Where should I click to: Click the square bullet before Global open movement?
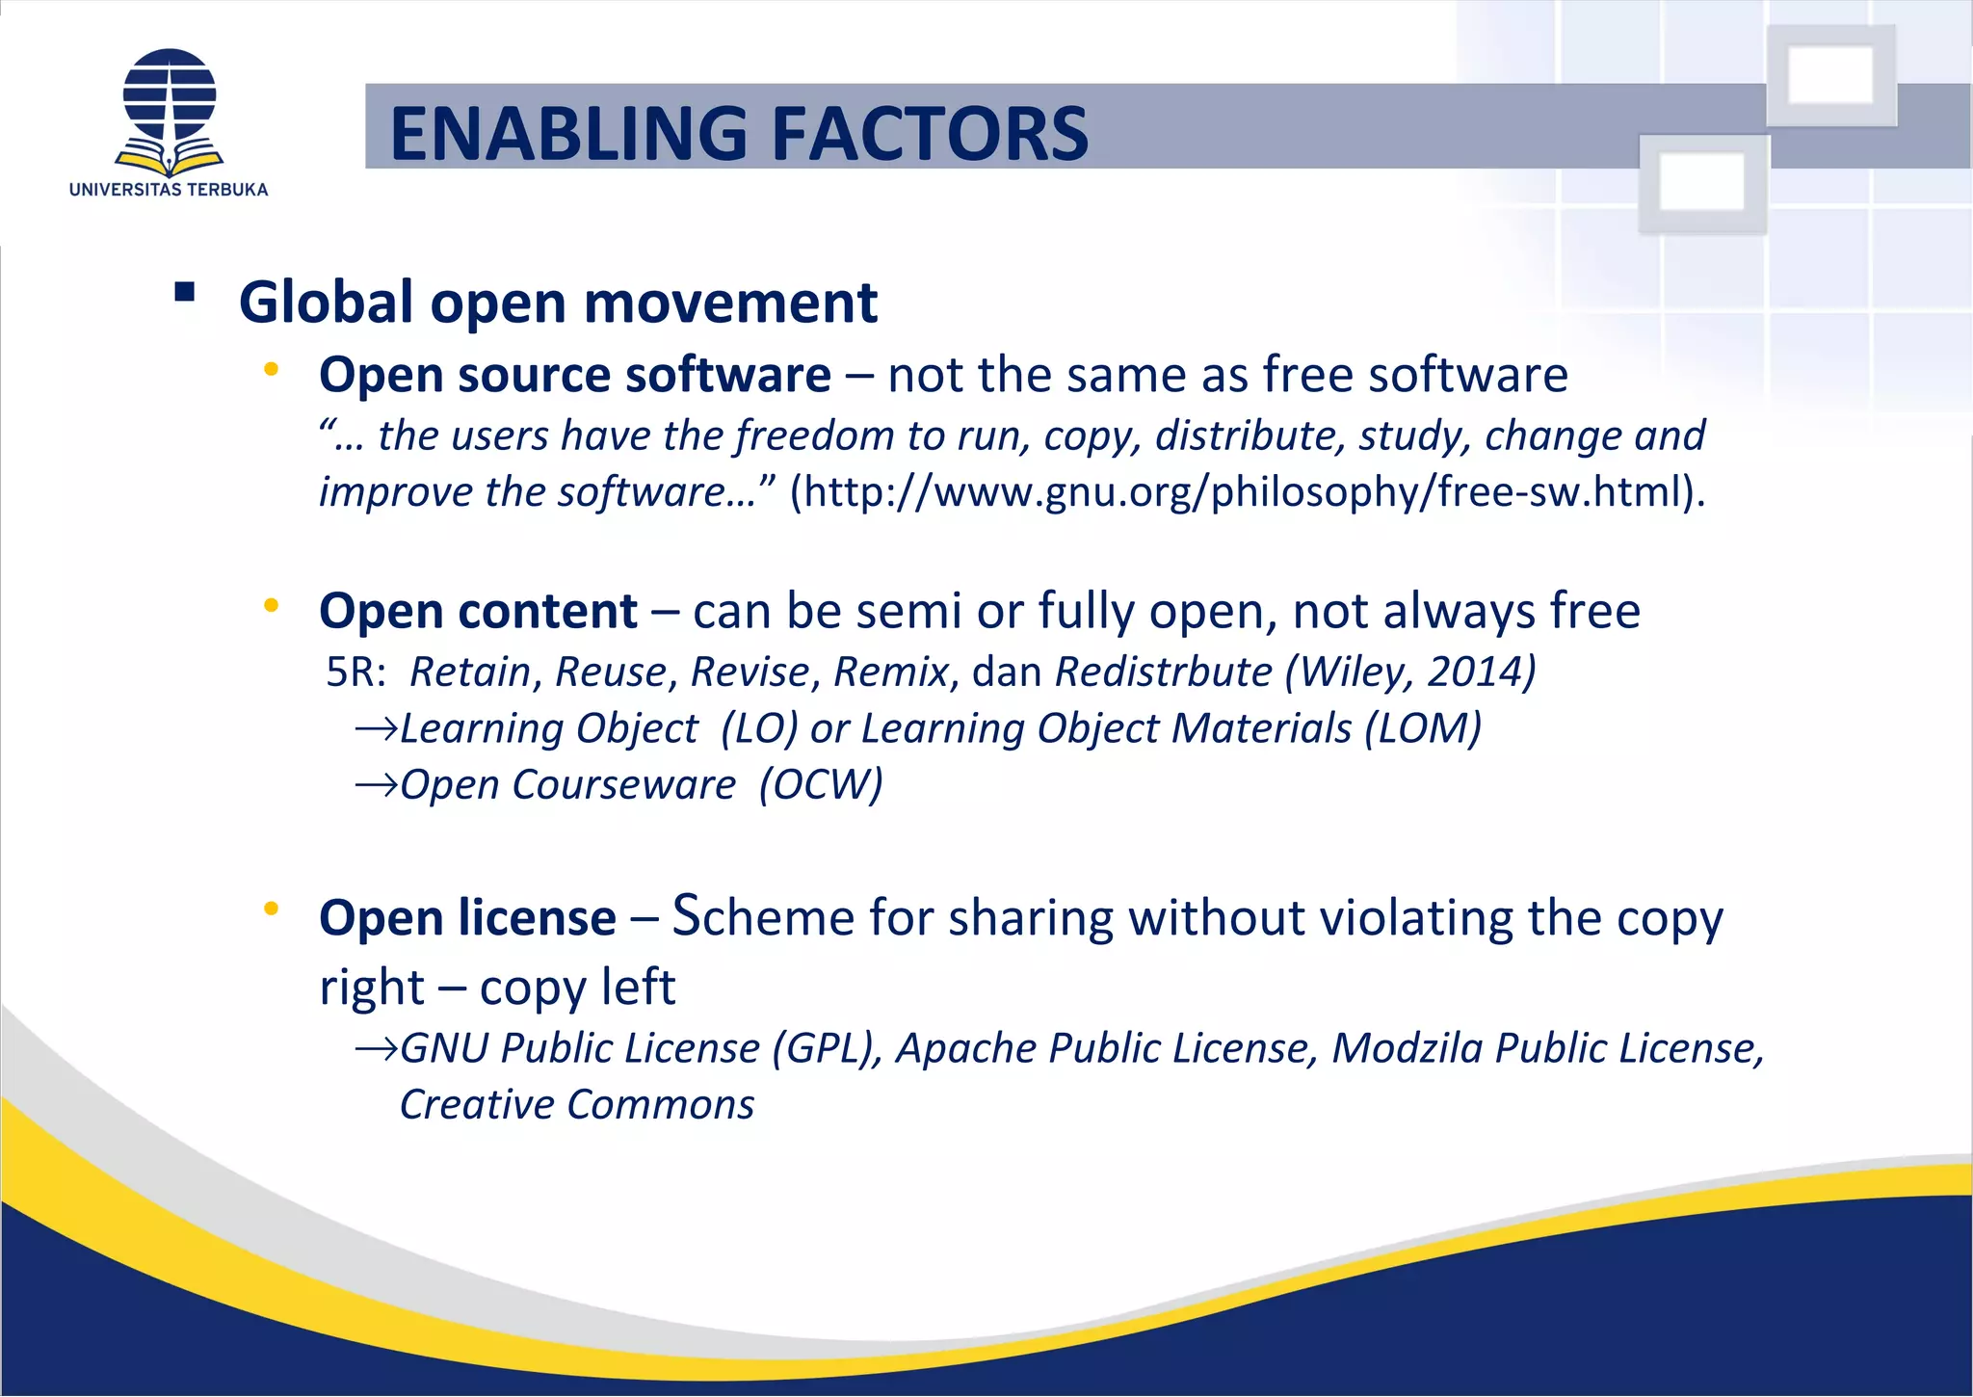coord(185,292)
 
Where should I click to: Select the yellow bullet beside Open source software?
coord(272,369)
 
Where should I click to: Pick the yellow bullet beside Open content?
coord(272,605)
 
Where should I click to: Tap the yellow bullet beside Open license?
coord(272,909)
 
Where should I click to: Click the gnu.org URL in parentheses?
coord(1248,491)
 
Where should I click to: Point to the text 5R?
coord(355,672)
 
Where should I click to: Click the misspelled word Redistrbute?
coord(1163,672)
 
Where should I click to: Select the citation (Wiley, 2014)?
coord(1410,672)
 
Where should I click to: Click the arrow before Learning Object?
coord(376,729)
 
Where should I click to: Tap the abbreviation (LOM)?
coord(1423,728)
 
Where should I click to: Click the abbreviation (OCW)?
coord(821,785)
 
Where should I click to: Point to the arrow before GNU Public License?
coord(376,1049)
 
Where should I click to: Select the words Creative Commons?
coord(577,1105)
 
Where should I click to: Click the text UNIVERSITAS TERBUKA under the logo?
coord(169,190)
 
